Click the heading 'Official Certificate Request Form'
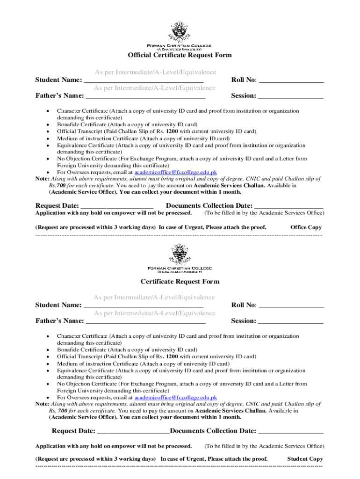pos(180,55)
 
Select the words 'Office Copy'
pos(306,227)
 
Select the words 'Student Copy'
pos(304,459)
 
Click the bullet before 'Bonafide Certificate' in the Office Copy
pos(48,125)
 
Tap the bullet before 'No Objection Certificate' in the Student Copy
pos(48,384)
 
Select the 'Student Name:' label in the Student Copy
pos(58,305)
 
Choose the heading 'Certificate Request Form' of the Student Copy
pos(180,282)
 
